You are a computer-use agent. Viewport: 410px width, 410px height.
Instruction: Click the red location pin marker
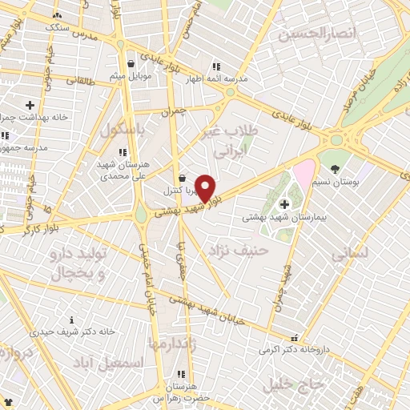[205, 188]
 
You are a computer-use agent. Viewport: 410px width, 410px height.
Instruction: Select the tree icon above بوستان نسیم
[334, 169]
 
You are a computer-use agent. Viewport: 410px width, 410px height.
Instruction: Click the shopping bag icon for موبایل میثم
[131, 63]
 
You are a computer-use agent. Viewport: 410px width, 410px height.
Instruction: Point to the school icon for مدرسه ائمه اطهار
[215, 66]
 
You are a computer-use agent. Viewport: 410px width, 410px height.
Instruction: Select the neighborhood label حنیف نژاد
[236, 251]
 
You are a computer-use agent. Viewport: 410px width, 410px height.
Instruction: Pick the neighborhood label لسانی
[350, 254]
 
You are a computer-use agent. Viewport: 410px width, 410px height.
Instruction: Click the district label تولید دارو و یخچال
[78, 263]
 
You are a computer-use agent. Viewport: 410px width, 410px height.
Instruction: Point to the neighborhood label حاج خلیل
[299, 384]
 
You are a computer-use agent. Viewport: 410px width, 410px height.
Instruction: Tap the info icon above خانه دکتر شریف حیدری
[71, 320]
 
